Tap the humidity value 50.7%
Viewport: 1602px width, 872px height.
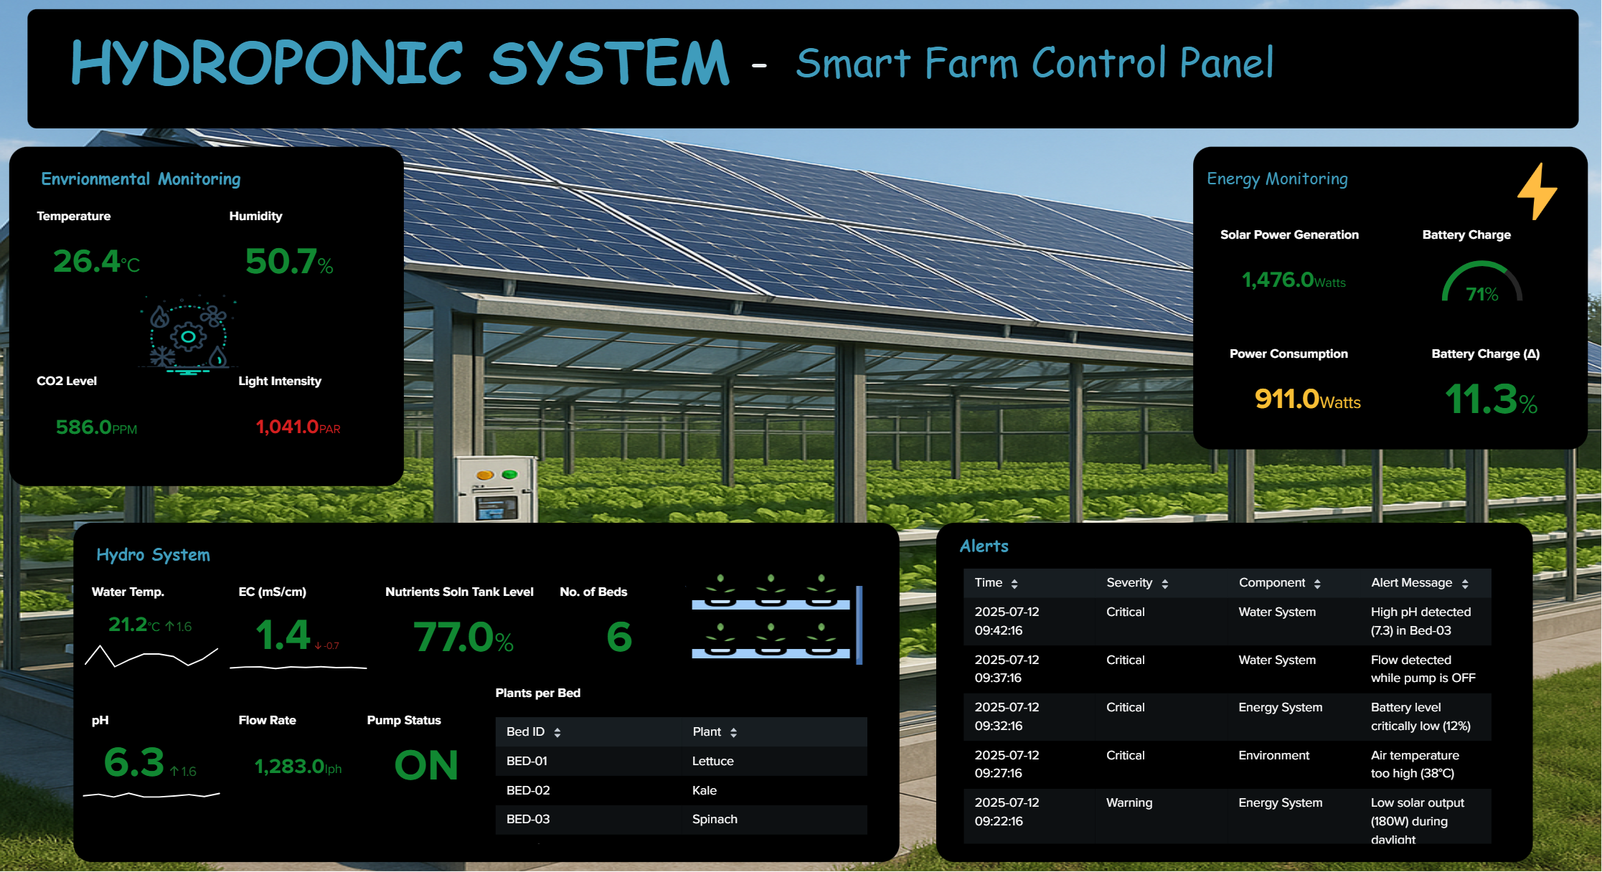pyautogui.click(x=289, y=262)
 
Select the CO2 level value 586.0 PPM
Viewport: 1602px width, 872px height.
pyautogui.click(x=96, y=427)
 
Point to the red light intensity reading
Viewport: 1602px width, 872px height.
pyautogui.click(x=298, y=427)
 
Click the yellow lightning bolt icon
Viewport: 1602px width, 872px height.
pyautogui.click(x=1537, y=191)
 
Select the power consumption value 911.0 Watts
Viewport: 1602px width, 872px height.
pyautogui.click(x=1307, y=399)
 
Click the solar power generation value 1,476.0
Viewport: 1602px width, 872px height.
pyautogui.click(x=1294, y=280)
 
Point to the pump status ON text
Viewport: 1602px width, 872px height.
pyautogui.click(x=426, y=765)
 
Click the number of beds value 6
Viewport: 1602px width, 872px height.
pyautogui.click(x=619, y=637)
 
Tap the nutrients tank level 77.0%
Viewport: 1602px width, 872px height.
pyautogui.click(x=463, y=638)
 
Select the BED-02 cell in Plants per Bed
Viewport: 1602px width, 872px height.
pyautogui.click(x=528, y=790)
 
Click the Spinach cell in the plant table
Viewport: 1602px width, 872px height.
pyautogui.click(x=715, y=819)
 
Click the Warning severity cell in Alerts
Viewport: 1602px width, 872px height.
pyautogui.click(x=1129, y=802)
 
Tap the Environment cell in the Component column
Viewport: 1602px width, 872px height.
pyautogui.click(x=1273, y=755)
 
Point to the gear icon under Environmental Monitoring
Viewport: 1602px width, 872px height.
pyautogui.click(x=188, y=336)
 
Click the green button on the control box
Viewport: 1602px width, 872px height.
pyautogui.click(x=509, y=475)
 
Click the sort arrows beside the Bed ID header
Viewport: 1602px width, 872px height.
pyautogui.click(x=557, y=732)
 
